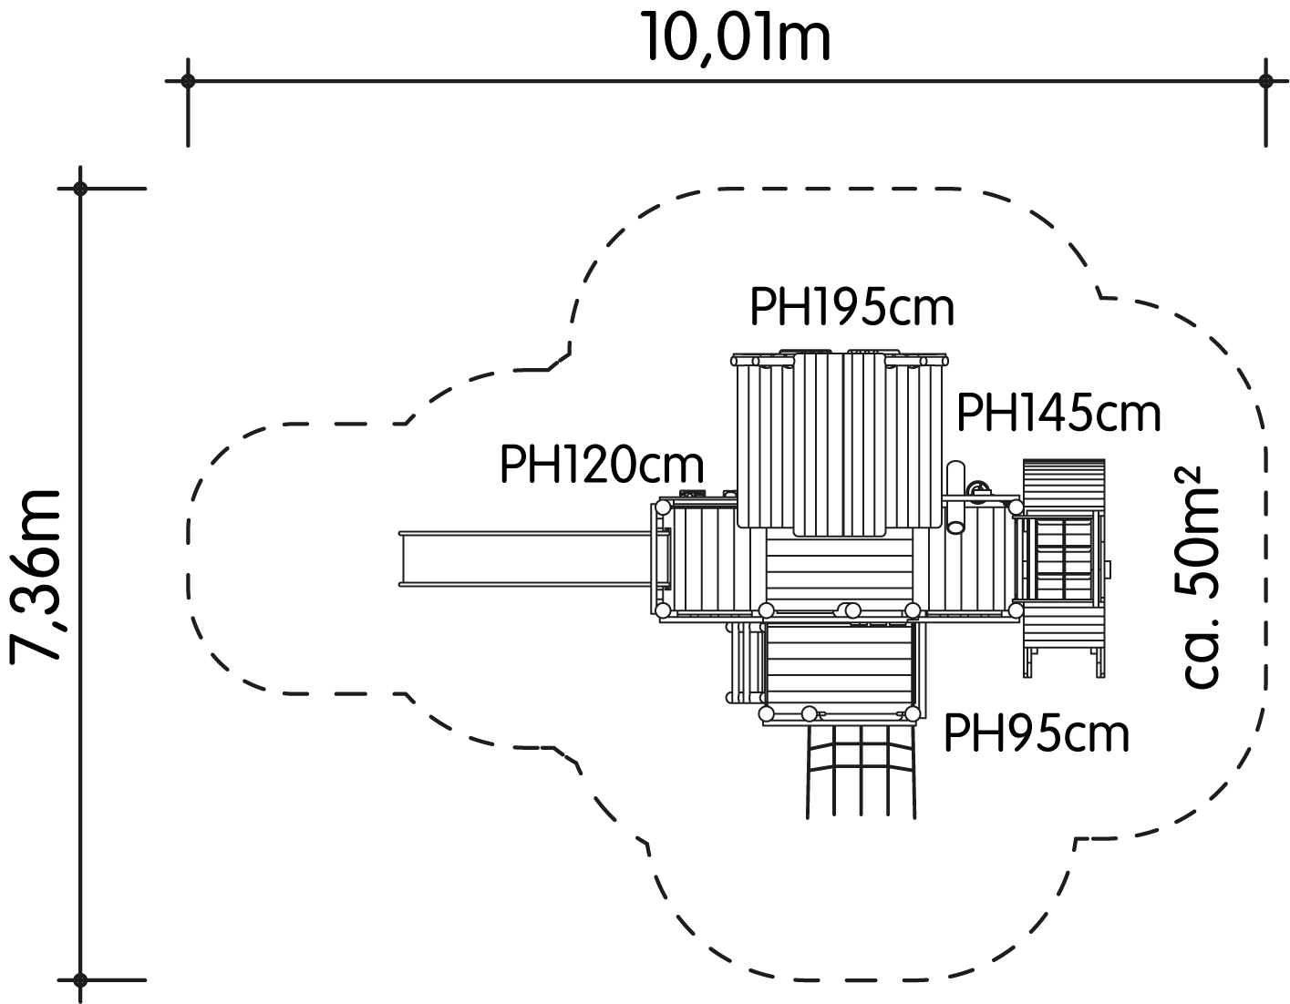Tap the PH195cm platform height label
(851, 307)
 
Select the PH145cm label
(1058, 414)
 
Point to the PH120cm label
(602, 465)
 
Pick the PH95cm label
(1036, 733)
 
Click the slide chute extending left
(529, 558)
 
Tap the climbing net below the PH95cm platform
(861, 772)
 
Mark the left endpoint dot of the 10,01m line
(188, 81)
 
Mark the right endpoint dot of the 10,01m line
(1265, 81)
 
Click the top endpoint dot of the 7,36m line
(80, 189)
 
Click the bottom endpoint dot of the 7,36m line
(80, 979)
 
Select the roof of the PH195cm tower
(840, 443)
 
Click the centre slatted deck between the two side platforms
(840, 572)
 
